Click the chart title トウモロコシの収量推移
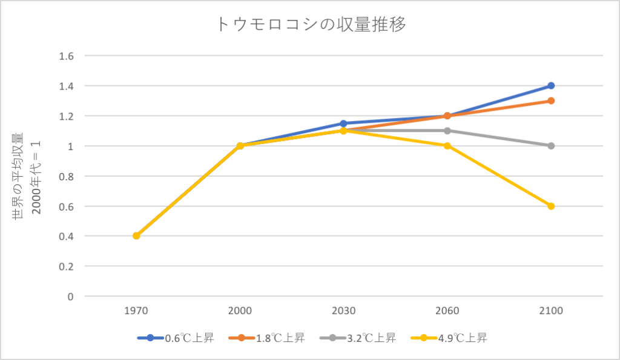tap(310, 24)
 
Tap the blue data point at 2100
tap(551, 86)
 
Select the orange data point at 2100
tap(551, 100)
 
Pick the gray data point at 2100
tap(551, 146)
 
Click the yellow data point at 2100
tap(551, 206)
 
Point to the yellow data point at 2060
tap(447, 146)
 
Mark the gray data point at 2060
tap(447, 131)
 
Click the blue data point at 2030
tap(343, 123)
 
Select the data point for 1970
tap(136, 236)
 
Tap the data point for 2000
tap(240, 146)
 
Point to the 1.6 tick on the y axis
tap(65, 56)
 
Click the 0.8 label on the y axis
tap(65, 176)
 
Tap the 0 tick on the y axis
tap(70, 296)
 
